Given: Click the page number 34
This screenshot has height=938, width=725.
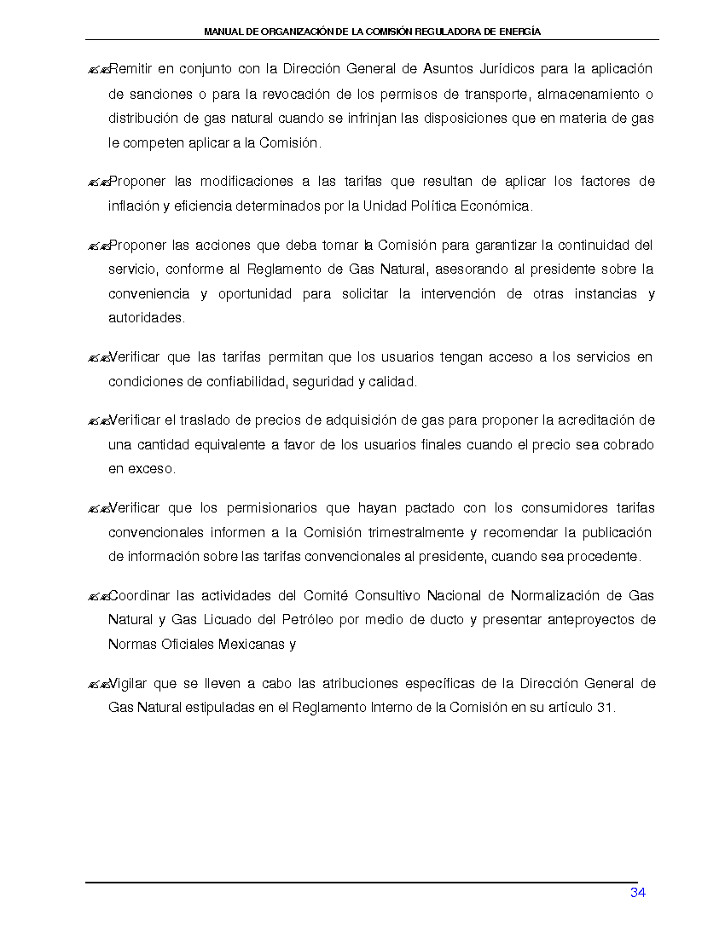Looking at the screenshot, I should click(x=637, y=893).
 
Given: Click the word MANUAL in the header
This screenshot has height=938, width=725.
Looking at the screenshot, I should click(x=224, y=32).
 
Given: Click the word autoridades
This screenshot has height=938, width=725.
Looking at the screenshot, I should click(x=146, y=318).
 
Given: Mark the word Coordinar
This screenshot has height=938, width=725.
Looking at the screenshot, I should click(x=140, y=595).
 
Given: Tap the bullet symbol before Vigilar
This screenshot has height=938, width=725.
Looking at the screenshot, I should click(x=97, y=684).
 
